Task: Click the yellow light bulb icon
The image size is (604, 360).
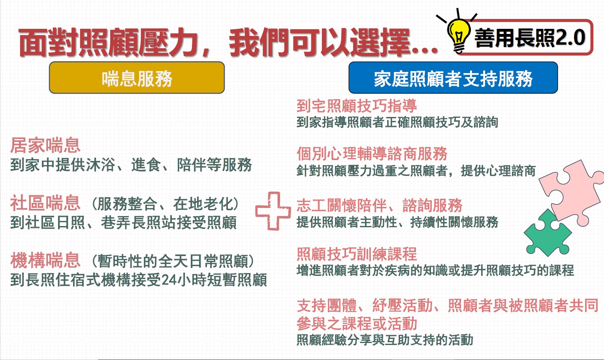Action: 458,32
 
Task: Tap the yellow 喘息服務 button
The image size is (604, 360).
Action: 137,78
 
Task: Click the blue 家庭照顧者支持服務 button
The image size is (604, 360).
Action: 453,78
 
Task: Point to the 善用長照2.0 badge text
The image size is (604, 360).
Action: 529,38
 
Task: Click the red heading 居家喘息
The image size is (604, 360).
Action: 45,145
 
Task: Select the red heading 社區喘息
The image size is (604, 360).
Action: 45,204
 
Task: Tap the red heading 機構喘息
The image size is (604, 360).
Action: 45,261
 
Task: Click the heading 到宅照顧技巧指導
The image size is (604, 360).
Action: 356,106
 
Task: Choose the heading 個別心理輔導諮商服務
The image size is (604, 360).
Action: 372,153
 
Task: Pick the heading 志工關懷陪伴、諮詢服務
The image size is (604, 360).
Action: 379,205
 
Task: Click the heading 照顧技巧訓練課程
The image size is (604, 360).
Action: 356,254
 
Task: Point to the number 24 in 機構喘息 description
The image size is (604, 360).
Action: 169,280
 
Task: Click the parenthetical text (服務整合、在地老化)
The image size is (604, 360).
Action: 165,204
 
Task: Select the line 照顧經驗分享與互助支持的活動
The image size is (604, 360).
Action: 385,340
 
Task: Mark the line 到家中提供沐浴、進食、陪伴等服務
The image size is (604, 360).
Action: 131,165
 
